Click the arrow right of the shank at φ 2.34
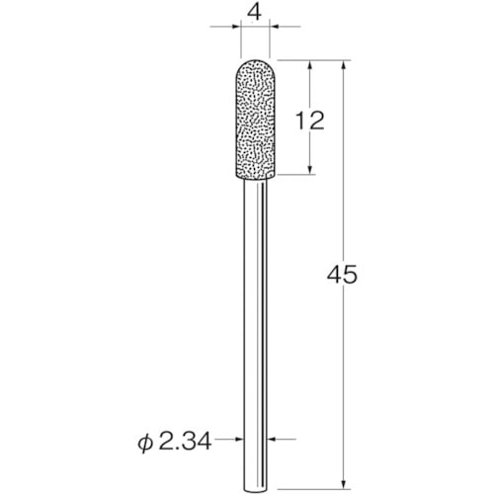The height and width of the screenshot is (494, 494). tap(272, 438)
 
